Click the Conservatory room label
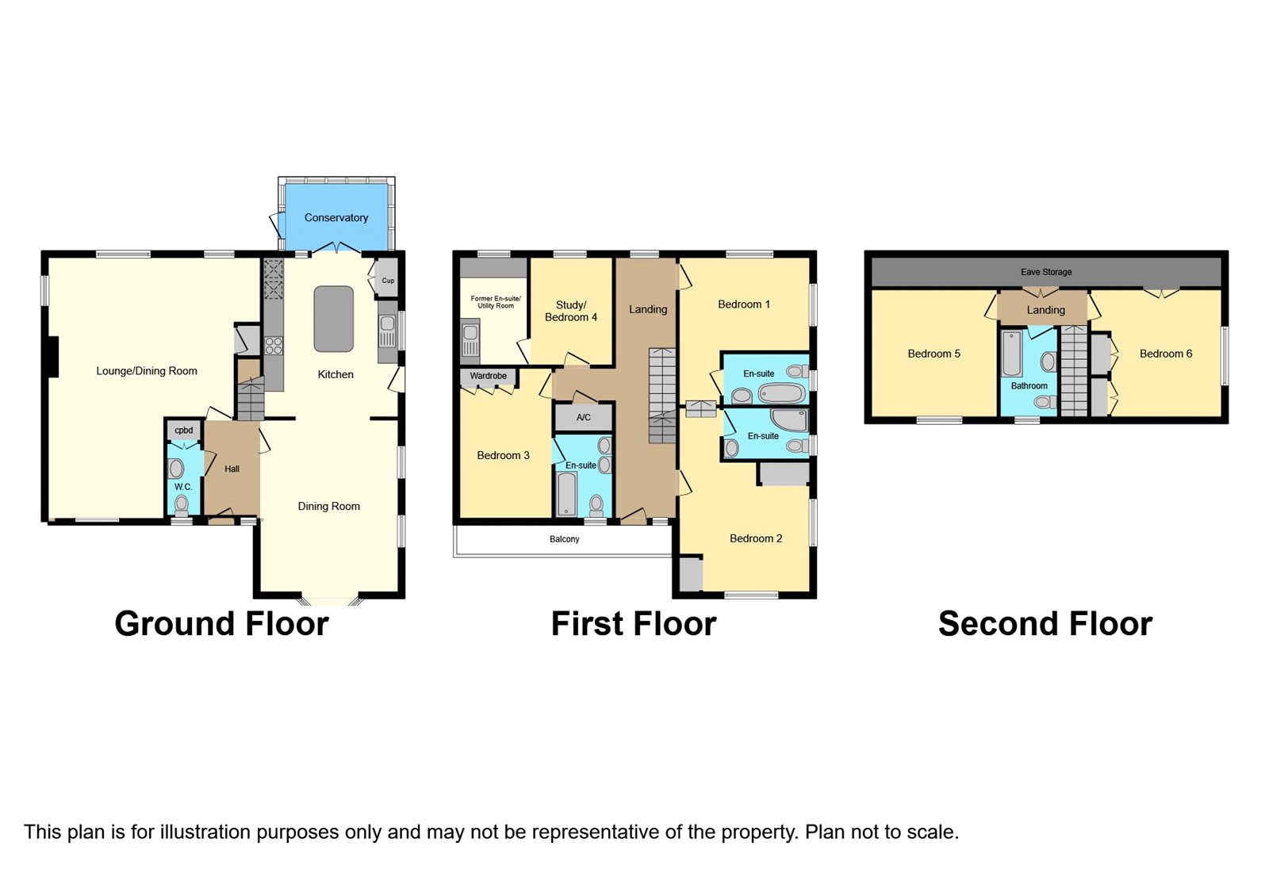(x=336, y=217)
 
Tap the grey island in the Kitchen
(x=334, y=319)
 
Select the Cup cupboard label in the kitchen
(x=388, y=281)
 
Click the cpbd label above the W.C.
(x=183, y=431)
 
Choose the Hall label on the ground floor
(x=232, y=469)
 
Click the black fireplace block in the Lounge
(x=52, y=356)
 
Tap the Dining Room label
(x=328, y=507)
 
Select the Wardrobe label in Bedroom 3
(x=489, y=376)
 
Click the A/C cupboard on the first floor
(x=584, y=418)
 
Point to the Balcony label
(x=564, y=539)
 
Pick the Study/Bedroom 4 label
(x=571, y=312)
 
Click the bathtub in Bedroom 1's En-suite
(x=781, y=393)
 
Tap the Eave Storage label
(x=1046, y=272)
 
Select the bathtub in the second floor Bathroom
(x=1012, y=354)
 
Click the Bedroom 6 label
(x=1166, y=354)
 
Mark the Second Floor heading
(x=1045, y=624)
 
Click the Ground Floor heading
(x=221, y=624)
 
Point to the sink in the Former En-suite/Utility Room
(x=470, y=337)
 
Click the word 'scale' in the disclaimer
(x=931, y=832)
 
